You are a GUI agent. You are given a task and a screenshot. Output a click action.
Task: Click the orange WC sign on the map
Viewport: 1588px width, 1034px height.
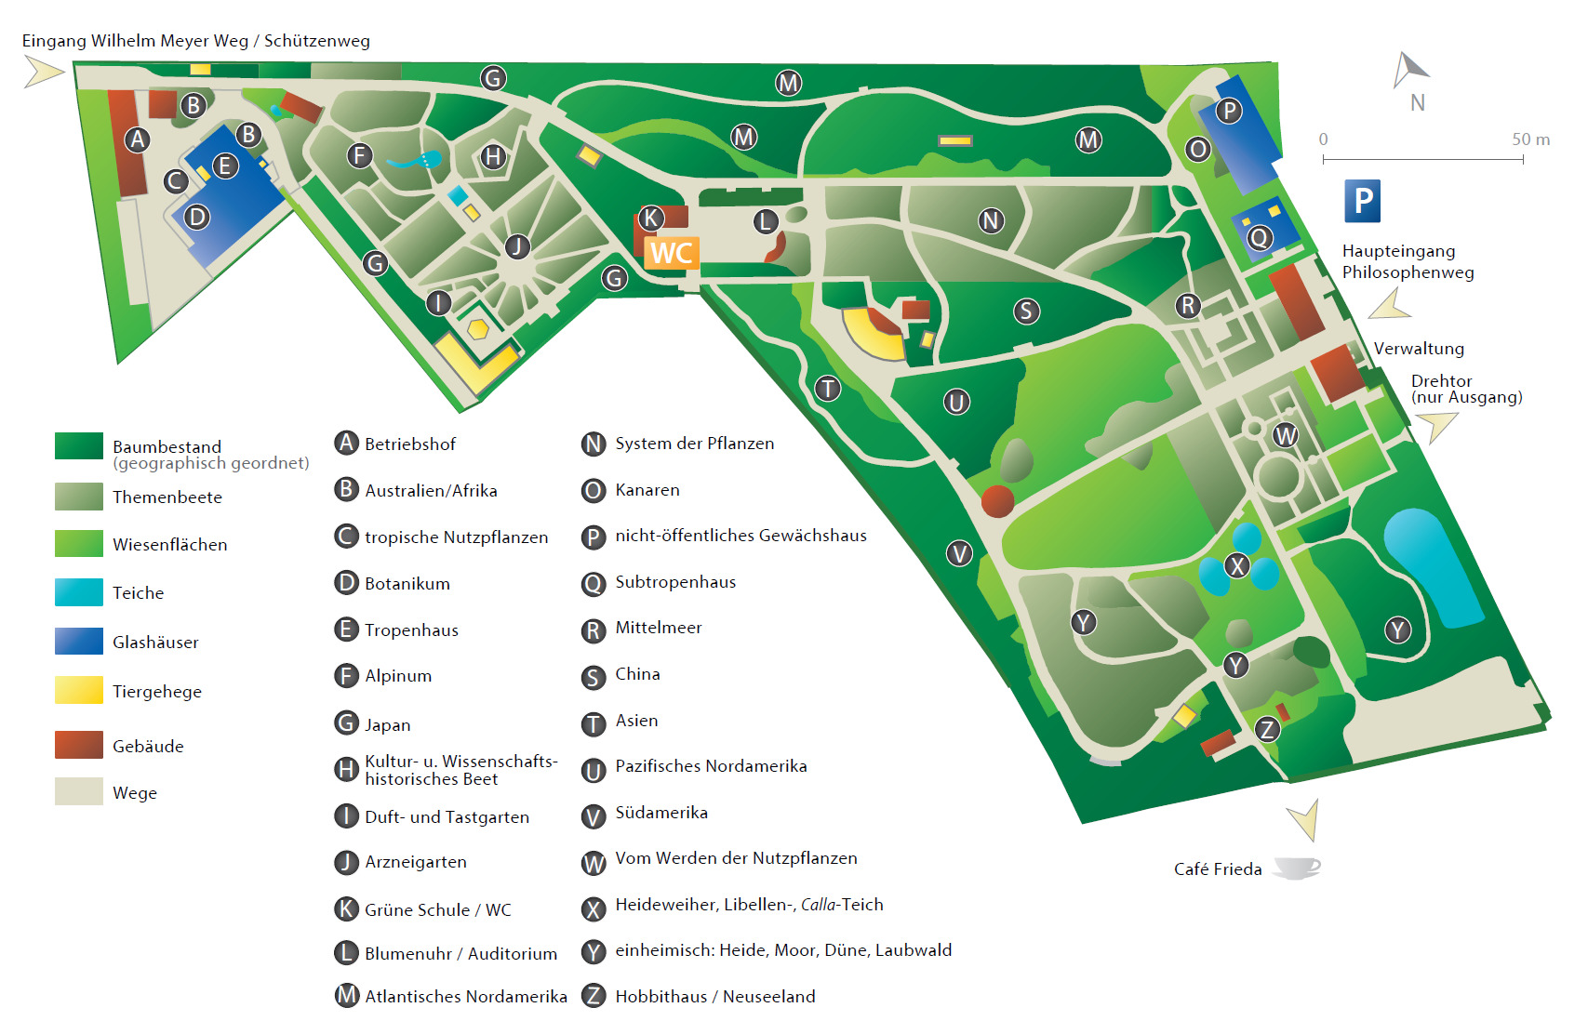[x=671, y=253]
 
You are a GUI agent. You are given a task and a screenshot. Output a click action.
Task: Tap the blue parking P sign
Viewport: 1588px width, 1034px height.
[x=1362, y=201]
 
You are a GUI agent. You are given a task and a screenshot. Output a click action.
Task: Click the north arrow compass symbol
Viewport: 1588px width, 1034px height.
[x=1410, y=71]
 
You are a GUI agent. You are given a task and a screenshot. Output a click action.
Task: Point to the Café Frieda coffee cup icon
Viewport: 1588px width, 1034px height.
[x=1297, y=868]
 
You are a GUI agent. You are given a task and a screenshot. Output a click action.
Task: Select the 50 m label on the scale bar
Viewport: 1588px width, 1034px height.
[x=1530, y=139]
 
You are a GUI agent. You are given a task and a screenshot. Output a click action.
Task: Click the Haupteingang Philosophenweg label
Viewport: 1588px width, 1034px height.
[x=1408, y=261]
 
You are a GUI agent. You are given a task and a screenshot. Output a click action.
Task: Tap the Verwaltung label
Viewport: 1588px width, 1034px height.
[x=1419, y=349]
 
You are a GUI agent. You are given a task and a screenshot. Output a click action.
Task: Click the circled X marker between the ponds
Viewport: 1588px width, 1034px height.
[x=1236, y=565]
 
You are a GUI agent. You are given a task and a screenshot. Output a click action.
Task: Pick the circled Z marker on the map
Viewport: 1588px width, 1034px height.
[x=1266, y=730]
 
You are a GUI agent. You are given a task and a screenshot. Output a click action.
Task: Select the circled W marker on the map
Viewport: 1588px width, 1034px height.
[x=1285, y=435]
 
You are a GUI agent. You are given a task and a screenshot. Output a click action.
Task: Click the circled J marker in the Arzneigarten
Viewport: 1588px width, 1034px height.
[x=517, y=246]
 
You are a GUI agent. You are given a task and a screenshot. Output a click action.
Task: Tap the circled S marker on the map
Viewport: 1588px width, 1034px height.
[x=1026, y=312]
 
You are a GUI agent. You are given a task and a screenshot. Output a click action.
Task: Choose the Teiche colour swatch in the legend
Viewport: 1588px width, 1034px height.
[x=79, y=592]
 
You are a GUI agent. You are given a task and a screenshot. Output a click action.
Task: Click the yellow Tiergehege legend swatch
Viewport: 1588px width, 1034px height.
[x=79, y=691]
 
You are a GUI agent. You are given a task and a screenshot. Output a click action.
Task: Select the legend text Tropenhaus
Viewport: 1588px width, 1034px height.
[x=411, y=630]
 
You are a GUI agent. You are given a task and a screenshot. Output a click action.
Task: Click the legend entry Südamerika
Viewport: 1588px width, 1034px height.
[x=661, y=813]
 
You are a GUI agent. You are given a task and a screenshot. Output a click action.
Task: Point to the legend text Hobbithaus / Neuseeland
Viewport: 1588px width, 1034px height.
[x=714, y=997]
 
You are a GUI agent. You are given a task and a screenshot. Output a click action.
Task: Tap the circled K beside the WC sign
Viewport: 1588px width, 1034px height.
[x=651, y=219]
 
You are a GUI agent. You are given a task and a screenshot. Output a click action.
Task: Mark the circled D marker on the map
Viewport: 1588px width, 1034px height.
[x=196, y=218]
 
